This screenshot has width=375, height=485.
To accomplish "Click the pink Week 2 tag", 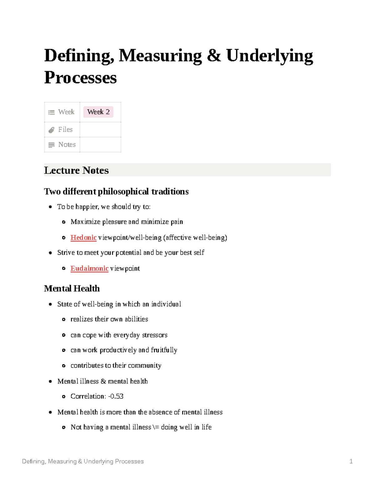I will tap(98, 112).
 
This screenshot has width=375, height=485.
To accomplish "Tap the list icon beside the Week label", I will tap(52, 112).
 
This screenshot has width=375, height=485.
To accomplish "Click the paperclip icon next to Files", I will tap(52, 130).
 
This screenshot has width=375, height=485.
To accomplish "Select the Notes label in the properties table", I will tap(67, 145).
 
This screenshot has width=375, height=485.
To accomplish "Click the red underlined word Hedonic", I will tap(83, 238).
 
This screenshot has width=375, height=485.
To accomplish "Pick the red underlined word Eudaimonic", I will tap(89, 269).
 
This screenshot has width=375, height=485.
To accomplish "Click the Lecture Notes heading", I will tap(76, 170).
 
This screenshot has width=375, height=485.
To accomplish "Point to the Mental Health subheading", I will tap(72, 288).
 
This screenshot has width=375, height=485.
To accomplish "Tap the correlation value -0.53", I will tap(116, 396).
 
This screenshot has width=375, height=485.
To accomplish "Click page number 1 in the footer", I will tap(351, 461).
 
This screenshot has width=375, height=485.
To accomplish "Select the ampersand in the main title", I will tap(214, 56).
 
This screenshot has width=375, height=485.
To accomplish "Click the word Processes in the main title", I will tap(80, 77).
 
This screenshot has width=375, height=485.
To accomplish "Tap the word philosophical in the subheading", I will tap(123, 191).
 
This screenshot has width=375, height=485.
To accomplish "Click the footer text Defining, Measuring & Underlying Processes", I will tap(83, 461).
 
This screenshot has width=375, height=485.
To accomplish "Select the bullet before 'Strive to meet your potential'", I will tap(50, 253).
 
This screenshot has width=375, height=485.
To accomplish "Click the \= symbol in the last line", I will tap(156, 427).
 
